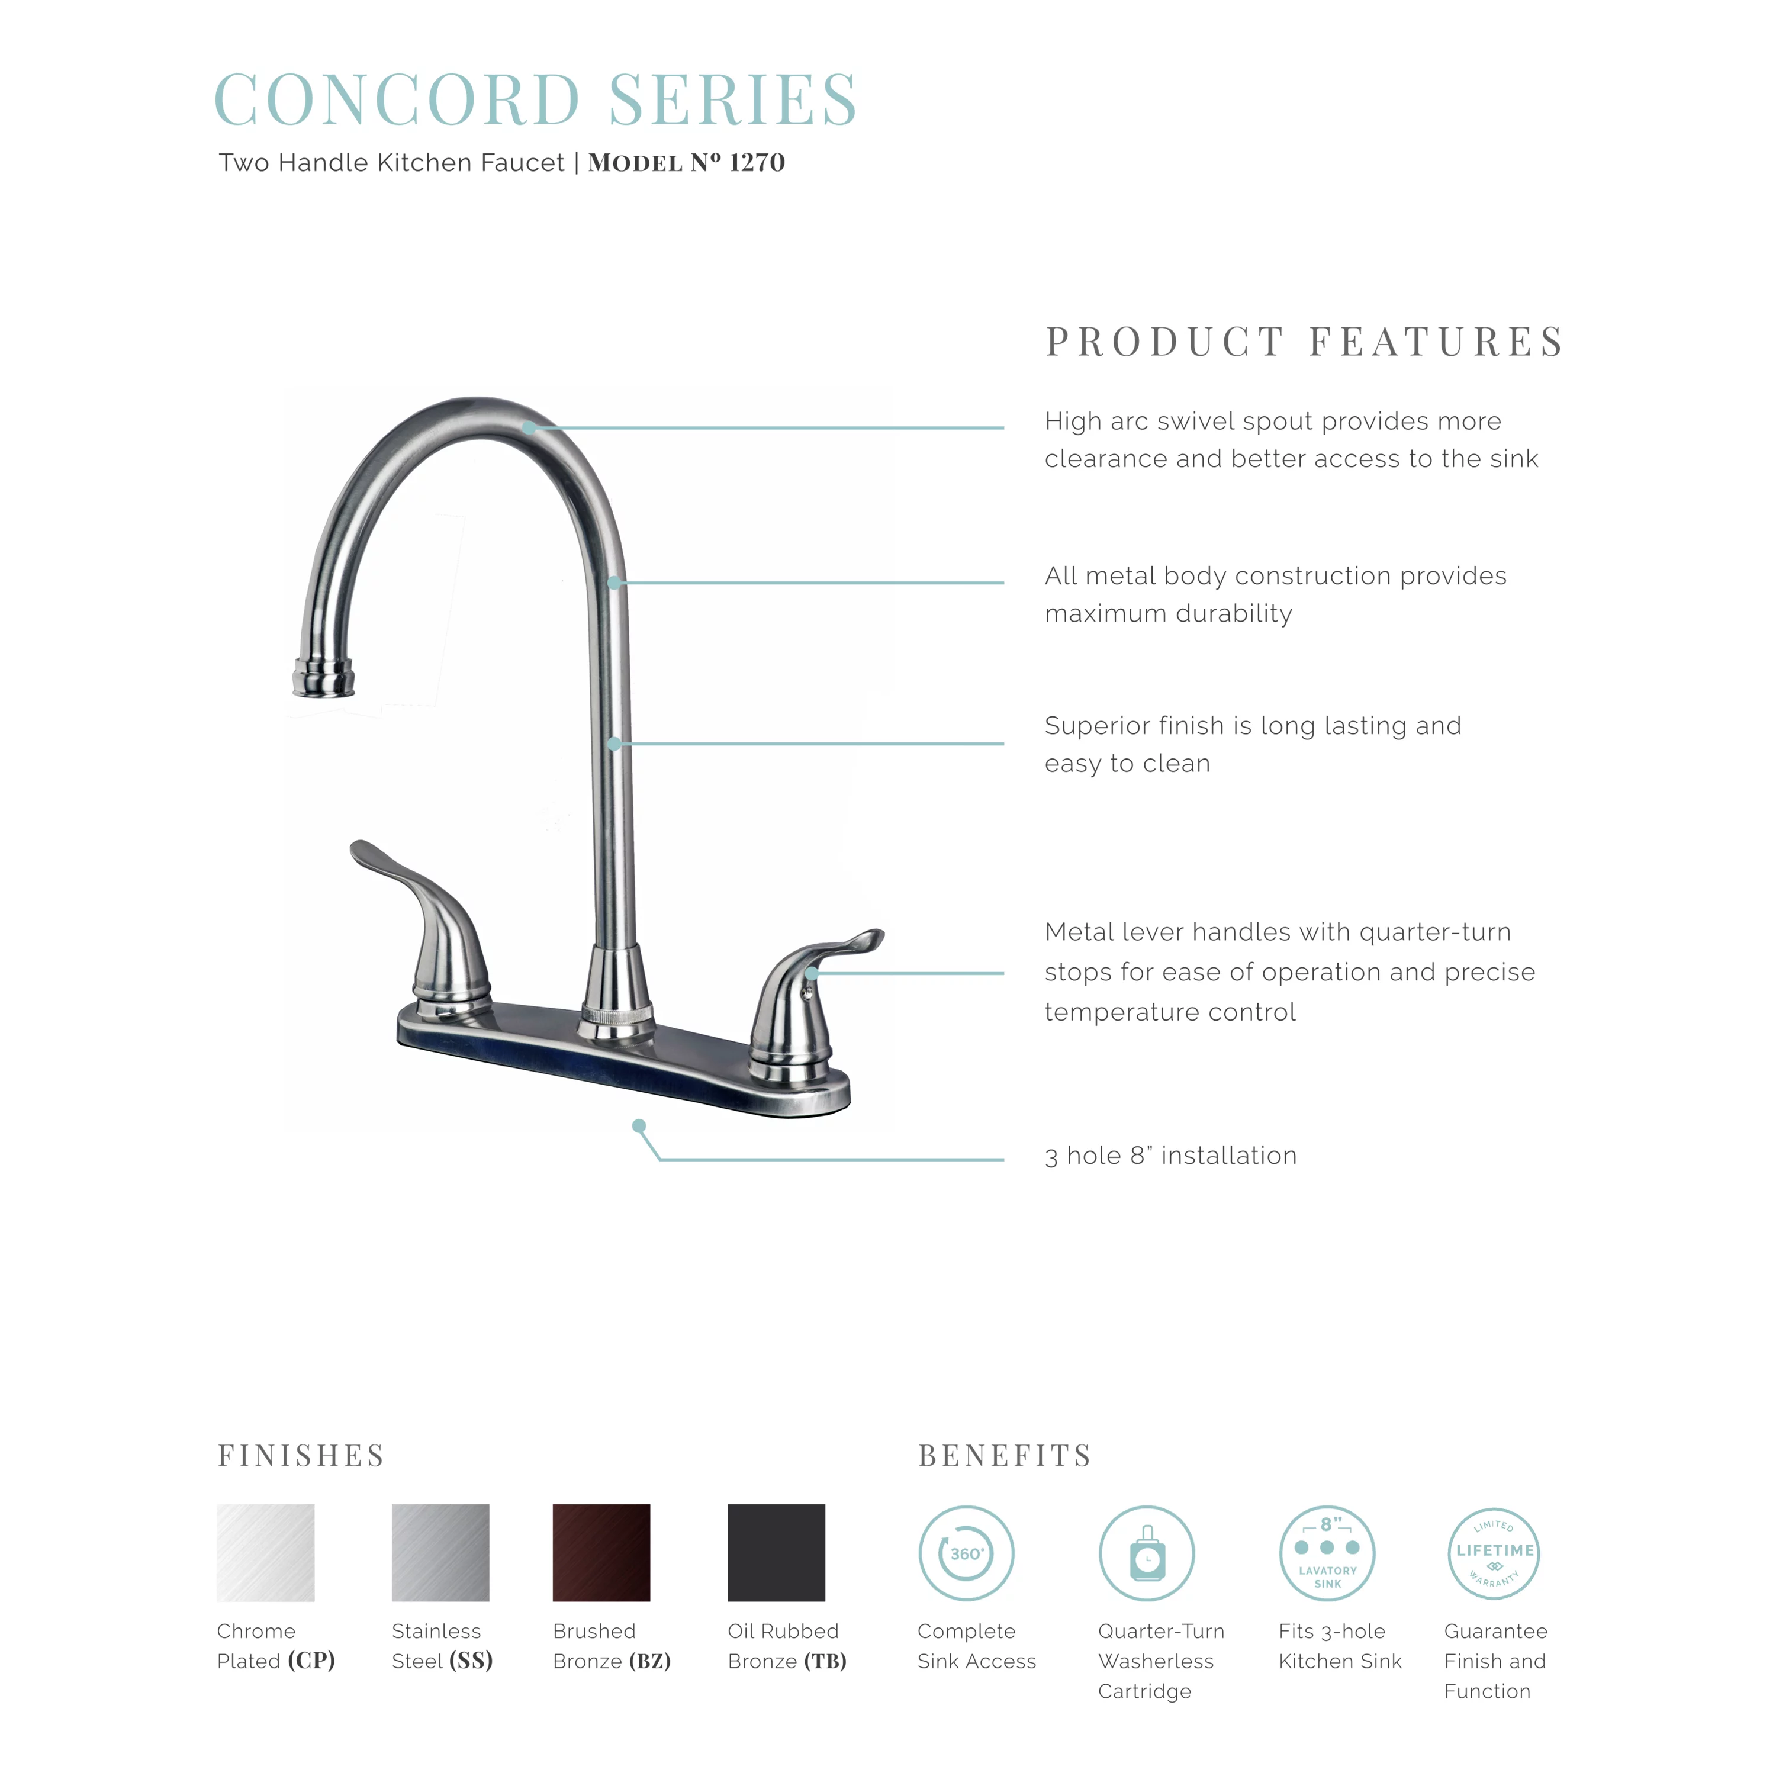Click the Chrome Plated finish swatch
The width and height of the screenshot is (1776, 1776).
(266, 1553)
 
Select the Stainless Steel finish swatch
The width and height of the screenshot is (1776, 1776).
(440, 1553)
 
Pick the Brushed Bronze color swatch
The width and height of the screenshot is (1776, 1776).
(601, 1553)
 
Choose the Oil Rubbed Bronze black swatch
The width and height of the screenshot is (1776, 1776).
(776, 1553)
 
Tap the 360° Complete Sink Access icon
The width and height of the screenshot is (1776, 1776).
(966, 1553)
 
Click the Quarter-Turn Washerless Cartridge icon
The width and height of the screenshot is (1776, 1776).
(1146, 1553)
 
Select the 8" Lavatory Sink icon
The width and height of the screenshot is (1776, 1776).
(1327, 1553)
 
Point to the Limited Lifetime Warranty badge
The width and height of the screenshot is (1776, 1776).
(1494, 1553)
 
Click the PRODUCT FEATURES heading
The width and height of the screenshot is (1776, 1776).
(1305, 342)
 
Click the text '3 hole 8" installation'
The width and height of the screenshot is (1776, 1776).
(1170, 1156)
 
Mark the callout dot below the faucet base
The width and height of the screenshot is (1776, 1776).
(639, 1126)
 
